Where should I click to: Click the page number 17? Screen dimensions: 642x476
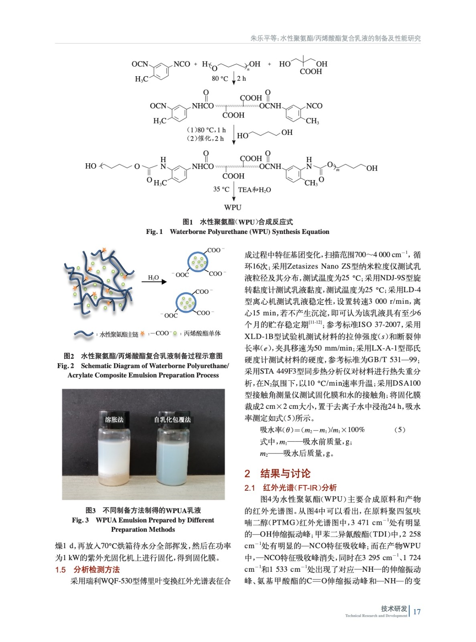(417, 612)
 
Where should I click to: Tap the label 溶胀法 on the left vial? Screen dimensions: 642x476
(114, 419)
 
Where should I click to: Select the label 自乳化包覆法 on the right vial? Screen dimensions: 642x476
(172, 419)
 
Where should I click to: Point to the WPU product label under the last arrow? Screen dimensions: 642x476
(233, 207)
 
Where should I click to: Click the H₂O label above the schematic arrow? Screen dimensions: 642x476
(154, 277)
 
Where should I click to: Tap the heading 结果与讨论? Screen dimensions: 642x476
(285, 473)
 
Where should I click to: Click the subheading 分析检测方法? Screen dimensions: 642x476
(96, 569)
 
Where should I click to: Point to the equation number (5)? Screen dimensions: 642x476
(399, 430)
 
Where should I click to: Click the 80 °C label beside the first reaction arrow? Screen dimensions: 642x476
(220, 79)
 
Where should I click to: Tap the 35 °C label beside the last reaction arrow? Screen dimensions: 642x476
(221, 189)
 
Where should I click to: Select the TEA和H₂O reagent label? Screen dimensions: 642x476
(254, 190)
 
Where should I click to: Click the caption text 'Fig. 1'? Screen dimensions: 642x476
(154, 232)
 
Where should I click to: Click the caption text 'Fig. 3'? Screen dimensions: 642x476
(80, 520)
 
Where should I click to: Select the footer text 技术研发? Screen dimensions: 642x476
(394, 609)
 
